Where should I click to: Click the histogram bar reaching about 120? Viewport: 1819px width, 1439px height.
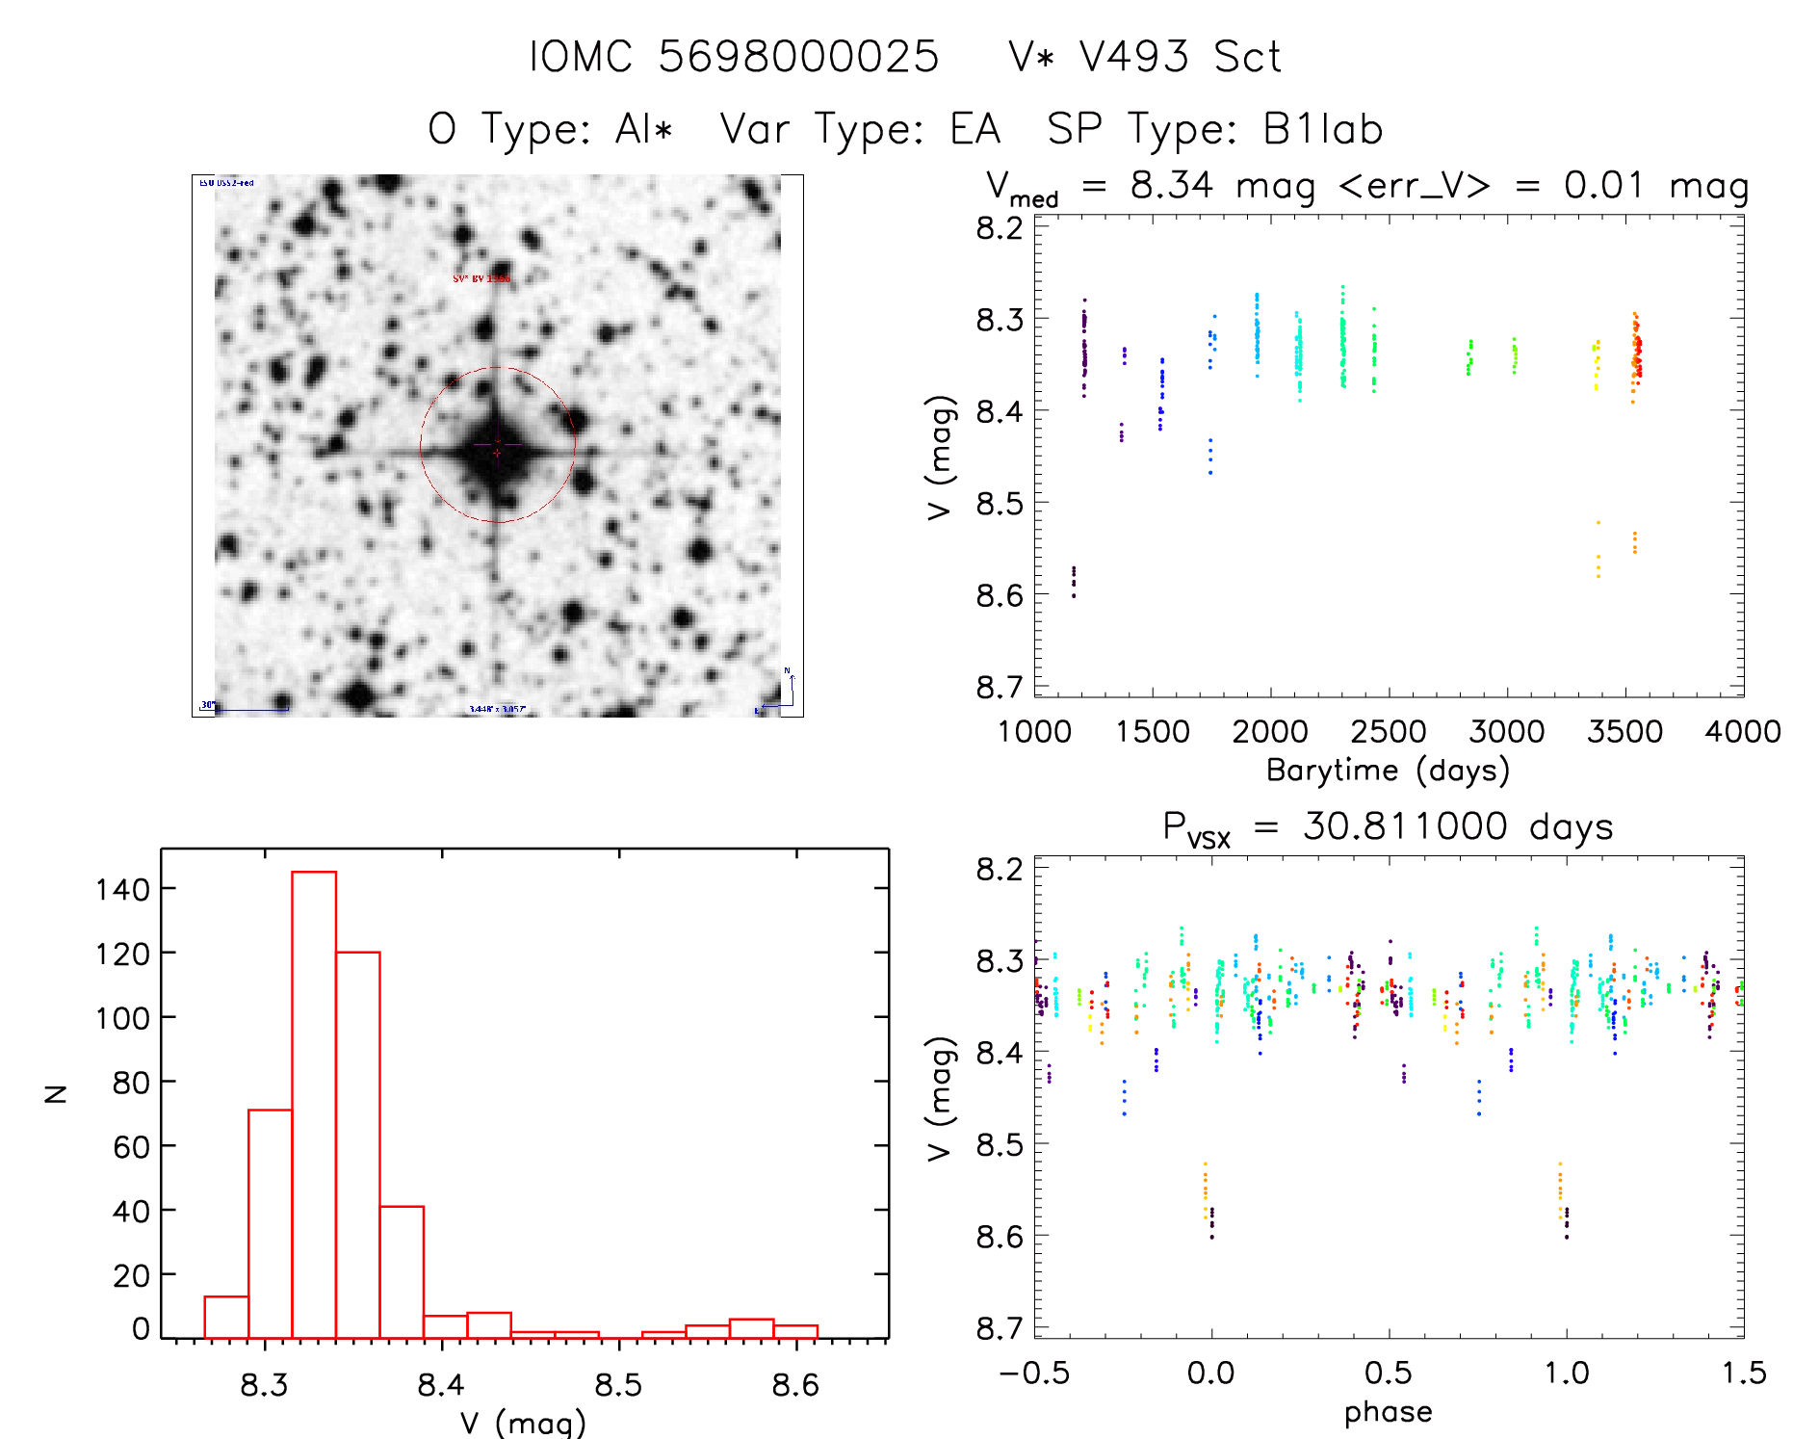click(358, 1144)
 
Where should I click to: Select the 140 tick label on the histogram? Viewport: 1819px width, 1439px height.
click(122, 889)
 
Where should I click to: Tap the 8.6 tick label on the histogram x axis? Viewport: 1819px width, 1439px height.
click(794, 1385)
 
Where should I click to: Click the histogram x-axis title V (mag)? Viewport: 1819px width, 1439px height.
click(523, 1423)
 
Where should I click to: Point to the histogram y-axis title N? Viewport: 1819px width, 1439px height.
click(57, 1093)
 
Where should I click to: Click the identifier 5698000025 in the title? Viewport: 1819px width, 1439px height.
click(798, 57)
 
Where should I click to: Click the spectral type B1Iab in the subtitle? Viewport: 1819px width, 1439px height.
click(1322, 129)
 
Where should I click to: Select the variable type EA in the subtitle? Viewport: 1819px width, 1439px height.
click(974, 129)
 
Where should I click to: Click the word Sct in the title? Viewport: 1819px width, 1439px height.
click(1247, 57)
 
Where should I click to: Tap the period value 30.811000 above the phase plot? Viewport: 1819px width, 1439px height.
click(1405, 826)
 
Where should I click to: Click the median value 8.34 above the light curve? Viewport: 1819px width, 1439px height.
click(1171, 185)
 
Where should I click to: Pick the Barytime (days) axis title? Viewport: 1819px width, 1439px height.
click(1388, 771)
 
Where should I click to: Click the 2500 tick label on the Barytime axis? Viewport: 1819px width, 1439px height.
click(1388, 732)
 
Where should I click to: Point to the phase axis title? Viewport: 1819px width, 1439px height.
click(1388, 1412)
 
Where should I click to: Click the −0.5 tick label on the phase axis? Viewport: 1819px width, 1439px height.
click(1034, 1374)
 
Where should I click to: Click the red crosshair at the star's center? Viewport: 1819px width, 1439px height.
click(497, 451)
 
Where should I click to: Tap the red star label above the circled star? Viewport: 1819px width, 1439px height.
click(481, 278)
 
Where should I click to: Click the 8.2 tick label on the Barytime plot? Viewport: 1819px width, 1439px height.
click(1000, 228)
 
